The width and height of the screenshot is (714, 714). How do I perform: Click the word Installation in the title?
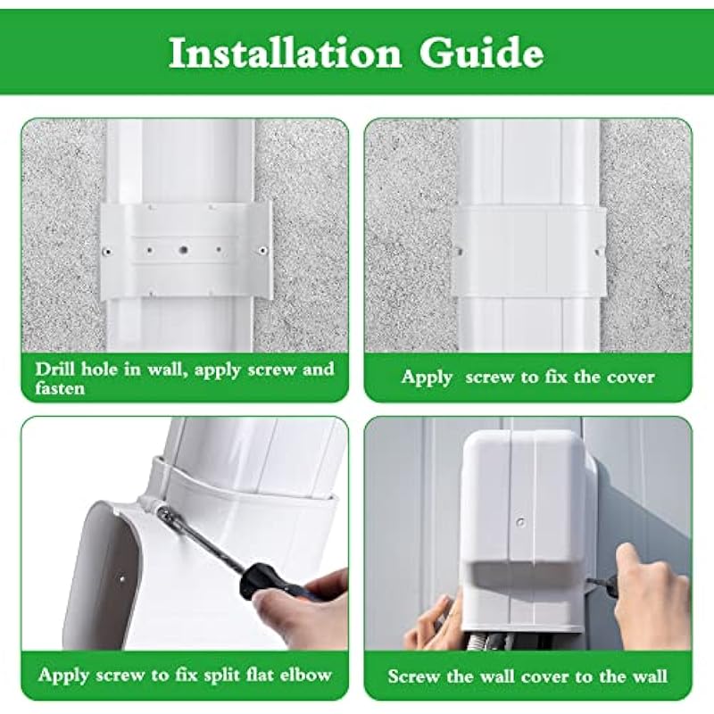coord(285,53)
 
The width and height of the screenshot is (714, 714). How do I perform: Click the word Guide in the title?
coord(481,53)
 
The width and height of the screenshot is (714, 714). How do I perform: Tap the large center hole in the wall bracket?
coord(184,250)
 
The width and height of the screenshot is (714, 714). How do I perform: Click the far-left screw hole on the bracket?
coord(107,251)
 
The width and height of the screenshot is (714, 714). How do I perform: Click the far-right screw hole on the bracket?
coord(262,250)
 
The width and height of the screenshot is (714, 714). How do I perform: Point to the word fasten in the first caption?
coord(60,388)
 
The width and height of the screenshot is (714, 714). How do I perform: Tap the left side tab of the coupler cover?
coord(458,251)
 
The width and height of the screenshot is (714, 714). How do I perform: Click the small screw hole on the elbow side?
coord(122,579)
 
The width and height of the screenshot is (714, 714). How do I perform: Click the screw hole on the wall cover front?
coord(521,522)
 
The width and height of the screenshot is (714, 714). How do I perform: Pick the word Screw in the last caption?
coord(413,676)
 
